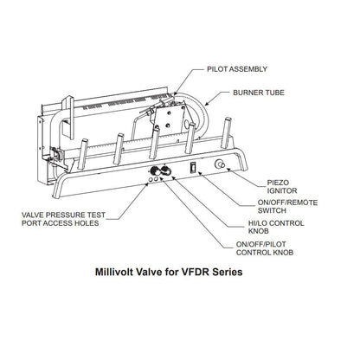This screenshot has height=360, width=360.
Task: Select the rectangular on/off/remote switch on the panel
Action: tap(193, 164)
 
